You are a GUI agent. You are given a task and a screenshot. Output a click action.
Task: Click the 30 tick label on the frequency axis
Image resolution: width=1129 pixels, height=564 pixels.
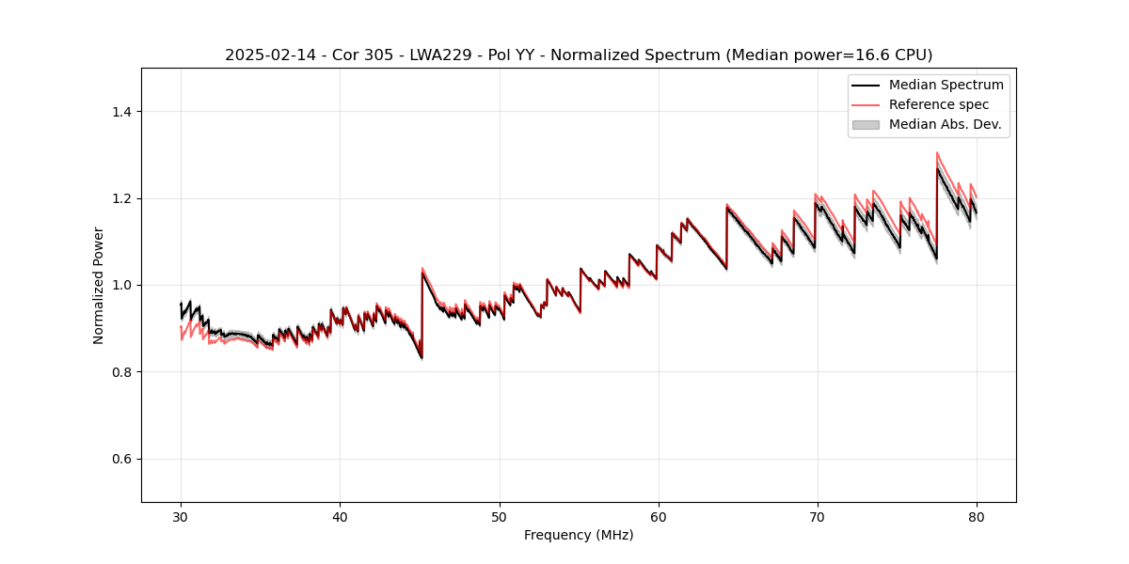(x=181, y=517)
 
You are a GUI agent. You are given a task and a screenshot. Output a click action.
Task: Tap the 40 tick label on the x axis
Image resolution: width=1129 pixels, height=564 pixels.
(x=340, y=517)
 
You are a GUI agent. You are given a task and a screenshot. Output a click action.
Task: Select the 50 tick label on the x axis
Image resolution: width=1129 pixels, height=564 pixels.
(x=500, y=517)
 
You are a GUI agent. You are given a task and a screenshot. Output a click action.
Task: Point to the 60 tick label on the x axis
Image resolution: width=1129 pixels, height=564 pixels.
(x=659, y=517)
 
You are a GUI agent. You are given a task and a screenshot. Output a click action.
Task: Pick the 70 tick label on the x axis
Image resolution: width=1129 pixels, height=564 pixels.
(x=818, y=517)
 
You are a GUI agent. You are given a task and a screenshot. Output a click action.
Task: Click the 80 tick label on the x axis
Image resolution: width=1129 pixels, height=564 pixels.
(x=977, y=517)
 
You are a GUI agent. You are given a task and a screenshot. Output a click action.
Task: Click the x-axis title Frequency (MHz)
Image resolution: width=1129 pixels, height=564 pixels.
(x=579, y=536)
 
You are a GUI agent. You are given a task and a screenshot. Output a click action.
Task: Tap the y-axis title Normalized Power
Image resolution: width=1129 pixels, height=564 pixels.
(x=99, y=285)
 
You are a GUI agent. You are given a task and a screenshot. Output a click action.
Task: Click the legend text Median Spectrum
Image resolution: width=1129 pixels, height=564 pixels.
(x=946, y=85)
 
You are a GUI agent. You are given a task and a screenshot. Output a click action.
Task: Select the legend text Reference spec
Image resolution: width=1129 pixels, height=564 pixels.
(x=939, y=104)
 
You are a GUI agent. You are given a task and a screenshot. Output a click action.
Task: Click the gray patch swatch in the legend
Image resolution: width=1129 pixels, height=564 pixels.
(x=866, y=124)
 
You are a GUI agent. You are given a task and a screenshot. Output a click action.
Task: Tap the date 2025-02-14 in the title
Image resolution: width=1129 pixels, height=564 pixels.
(x=265, y=55)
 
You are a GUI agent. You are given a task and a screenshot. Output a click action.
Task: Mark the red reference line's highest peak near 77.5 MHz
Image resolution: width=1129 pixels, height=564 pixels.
(x=937, y=152)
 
